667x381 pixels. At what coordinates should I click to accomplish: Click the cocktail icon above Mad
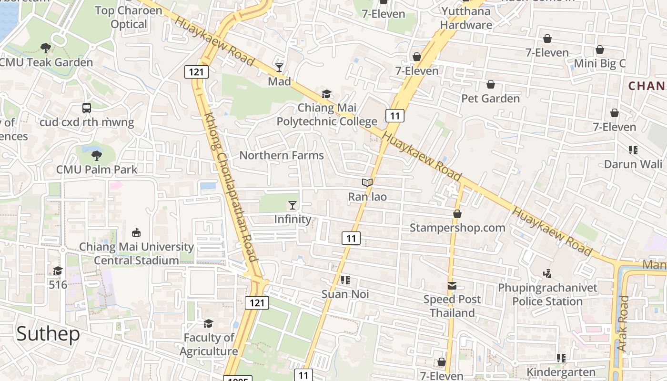[279, 68]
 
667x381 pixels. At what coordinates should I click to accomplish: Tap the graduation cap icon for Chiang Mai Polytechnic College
[326, 94]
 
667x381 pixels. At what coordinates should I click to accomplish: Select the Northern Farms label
[282, 155]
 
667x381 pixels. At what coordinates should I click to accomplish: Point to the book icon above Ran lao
[367, 182]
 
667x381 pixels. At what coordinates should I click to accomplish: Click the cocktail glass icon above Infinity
[293, 205]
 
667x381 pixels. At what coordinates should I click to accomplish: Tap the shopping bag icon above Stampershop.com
[457, 214]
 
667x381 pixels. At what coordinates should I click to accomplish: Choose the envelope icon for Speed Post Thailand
[452, 286]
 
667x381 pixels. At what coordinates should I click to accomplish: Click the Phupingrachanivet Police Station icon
[547, 274]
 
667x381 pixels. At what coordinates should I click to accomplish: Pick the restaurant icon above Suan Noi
[345, 280]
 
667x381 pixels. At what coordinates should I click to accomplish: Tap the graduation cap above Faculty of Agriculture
[208, 324]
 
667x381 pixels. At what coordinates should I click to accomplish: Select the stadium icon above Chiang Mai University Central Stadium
[136, 232]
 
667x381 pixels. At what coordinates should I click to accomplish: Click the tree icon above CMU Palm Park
[97, 155]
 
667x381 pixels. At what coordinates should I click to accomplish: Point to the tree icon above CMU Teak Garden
[46, 48]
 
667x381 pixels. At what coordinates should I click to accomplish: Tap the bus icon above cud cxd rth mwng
[87, 108]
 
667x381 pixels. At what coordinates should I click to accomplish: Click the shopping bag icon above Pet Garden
[491, 84]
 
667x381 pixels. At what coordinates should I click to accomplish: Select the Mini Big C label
[600, 63]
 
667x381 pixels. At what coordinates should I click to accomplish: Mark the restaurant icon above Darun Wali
[633, 150]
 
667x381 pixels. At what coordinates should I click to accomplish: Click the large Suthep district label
[48, 334]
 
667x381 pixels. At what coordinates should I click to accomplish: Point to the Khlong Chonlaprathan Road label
[231, 187]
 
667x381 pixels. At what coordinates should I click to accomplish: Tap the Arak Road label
[623, 324]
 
